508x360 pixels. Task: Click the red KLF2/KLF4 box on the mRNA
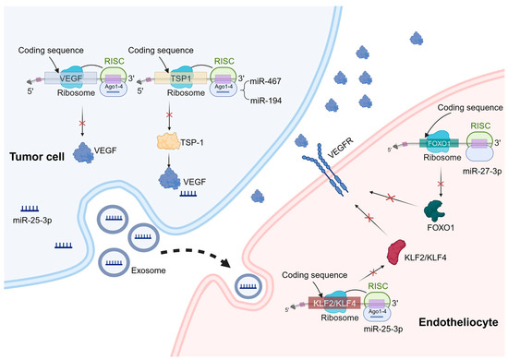(340, 301)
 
